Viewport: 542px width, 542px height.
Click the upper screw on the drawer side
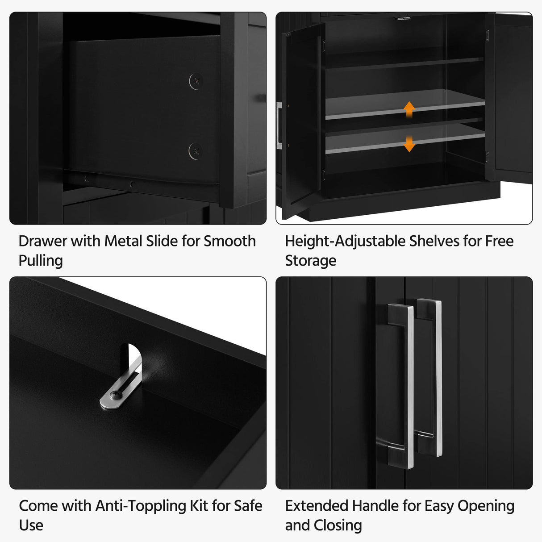click(x=196, y=81)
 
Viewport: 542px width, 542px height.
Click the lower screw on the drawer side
click(x=196, y=151)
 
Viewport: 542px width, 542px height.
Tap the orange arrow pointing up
click(x=409, y=109)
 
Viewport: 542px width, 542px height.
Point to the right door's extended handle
click(x=431, y=377)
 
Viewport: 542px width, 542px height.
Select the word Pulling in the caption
click(x=41, y=261)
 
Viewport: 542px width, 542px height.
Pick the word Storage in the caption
click(x=311, y=261)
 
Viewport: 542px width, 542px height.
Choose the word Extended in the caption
click(x=317, y=506)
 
